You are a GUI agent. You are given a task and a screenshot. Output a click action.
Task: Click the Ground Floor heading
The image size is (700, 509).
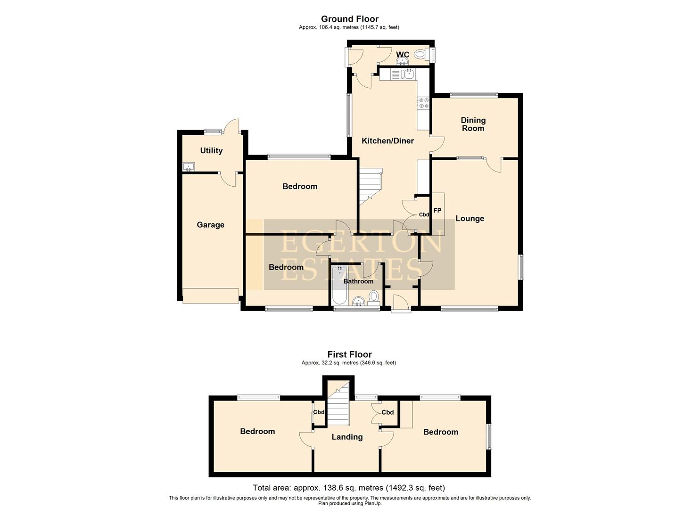click(x=349, y=19)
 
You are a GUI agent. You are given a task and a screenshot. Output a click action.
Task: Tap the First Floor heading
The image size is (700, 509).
click(x=349, y=354)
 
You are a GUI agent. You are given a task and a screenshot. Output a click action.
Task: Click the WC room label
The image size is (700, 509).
click(x=403, y=55)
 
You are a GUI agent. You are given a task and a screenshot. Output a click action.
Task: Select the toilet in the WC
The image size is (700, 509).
click(x=420, y=55)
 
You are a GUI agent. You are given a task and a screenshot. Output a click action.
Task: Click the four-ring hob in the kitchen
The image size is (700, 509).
click(x=423, y=103)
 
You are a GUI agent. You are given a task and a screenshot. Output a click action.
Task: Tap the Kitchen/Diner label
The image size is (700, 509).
click(x=387, y=140)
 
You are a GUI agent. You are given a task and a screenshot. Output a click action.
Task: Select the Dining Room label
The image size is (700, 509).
click(x=473, y=124)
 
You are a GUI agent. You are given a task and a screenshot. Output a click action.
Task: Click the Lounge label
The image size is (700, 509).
click(x=469, y=218)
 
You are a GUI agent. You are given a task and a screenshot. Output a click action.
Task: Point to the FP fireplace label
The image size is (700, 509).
click(x=437, y=210)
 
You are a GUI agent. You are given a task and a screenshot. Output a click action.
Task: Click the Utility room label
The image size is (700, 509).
click(x=211, y=150)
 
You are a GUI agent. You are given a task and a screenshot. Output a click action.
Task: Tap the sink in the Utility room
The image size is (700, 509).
click(x=189, y=166)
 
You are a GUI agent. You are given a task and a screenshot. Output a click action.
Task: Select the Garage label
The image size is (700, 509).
click(x=210, y=225)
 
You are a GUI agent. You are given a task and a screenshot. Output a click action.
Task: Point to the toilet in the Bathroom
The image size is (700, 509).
click(x=374, y=296)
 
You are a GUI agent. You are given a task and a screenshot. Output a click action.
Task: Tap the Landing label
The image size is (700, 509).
click(x=347, y=437)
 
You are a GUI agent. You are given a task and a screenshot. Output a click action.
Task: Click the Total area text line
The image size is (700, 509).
click(x=349, y=488)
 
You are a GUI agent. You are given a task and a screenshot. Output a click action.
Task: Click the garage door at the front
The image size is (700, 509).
click(x=211, y=296)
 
